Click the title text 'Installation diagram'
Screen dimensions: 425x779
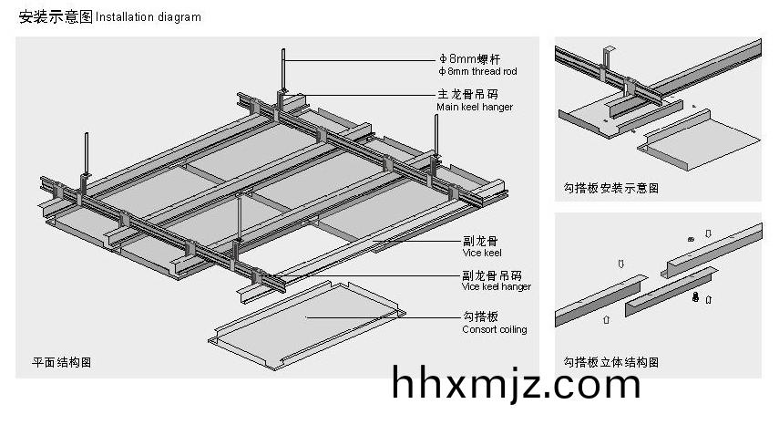click(149, 17)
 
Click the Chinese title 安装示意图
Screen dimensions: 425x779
click(55, 16)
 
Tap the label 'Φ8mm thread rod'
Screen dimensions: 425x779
click(477, 70)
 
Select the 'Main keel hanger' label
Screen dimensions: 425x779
click(474, 107)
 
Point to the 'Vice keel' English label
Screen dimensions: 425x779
click(481, 253)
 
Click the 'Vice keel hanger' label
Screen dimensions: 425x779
click(496, 286)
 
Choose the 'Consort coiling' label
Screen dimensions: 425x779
click(494, 329)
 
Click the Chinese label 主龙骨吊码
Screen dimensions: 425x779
click(466, 94)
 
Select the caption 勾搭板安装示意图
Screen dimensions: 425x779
click(610, 189)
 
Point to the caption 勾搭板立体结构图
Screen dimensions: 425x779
click(610, 362)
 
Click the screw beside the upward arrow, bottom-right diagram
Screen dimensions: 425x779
click(696, 298)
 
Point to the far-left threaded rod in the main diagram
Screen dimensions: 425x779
click(87, 155)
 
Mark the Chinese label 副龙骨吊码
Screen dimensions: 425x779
click(486, 275)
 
